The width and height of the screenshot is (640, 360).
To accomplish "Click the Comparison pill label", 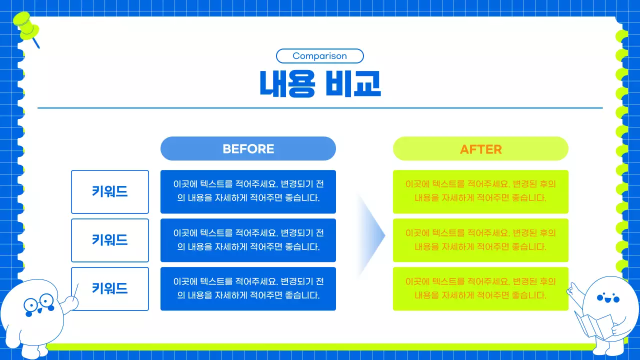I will point(319,56).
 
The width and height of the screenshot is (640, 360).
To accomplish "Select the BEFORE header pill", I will point(248,148).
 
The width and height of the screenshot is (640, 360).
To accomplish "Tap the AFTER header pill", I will point(480,148).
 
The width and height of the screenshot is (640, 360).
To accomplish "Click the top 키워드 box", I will point(110,191).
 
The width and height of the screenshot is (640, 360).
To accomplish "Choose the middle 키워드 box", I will point(110,240).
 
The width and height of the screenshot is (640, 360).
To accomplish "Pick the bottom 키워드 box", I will point(110,288).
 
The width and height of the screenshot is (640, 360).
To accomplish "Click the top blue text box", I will point(248,191).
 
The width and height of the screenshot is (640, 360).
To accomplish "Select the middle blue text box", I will point(248,240).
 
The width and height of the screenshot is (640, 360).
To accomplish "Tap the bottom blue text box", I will point(248,288).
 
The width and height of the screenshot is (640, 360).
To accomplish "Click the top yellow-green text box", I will point(480,191).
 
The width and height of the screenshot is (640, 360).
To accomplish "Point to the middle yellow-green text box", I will point(480,240).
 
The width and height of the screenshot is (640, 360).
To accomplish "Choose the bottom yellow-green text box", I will point(480,288).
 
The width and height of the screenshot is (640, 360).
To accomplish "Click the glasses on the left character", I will point(38,303).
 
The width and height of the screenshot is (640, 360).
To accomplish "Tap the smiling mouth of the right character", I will point(607,301).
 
